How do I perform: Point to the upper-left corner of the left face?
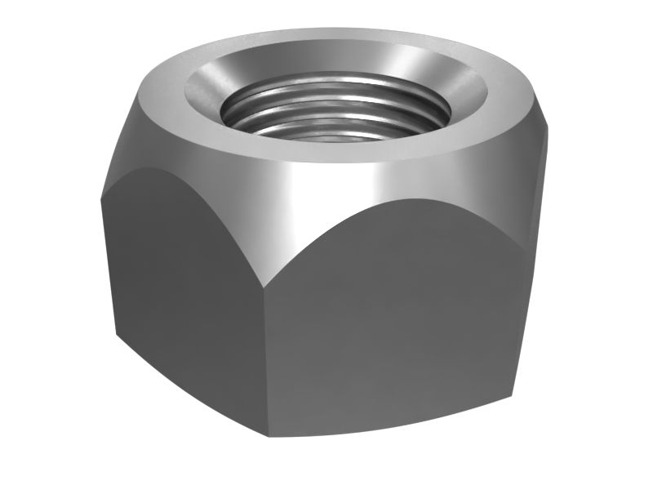tap(104, 188)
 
